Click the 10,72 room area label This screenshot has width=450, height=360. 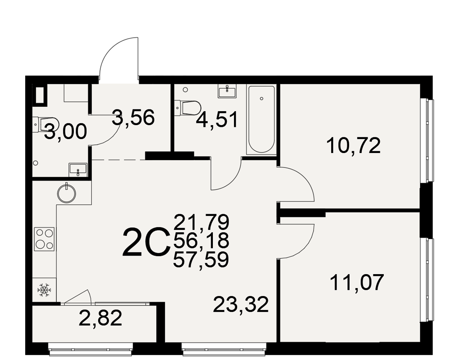[354, 145]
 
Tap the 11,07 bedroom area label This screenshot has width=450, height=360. [357, 283]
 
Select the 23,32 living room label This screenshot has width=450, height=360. [241, 305]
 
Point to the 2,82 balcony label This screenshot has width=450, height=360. [100, 318]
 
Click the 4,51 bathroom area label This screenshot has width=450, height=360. [217, 120]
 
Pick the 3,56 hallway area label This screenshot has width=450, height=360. [133, 117]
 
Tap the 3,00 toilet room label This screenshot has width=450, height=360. [65, 131]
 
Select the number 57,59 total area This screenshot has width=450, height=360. [201, 260]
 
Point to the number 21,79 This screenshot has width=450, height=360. [202, 222]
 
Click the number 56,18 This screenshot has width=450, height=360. [201, 241]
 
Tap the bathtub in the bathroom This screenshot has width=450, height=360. [261, 119]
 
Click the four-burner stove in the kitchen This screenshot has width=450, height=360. [44, 239]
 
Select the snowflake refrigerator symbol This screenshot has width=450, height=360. [44, 290]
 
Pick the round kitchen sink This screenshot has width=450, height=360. [67, 193]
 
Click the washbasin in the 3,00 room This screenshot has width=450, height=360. [77, 170]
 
